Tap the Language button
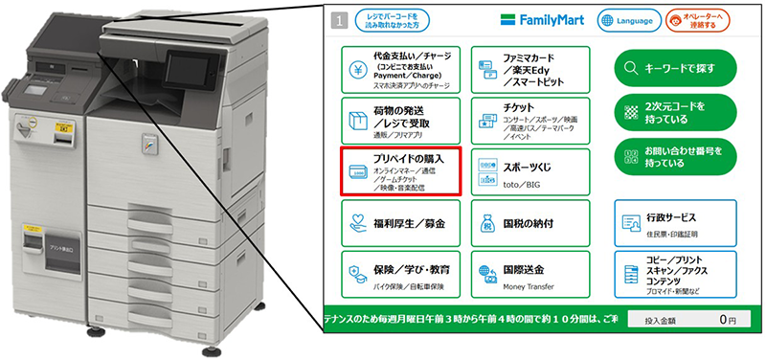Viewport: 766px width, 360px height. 630,19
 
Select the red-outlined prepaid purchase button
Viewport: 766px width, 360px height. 403,170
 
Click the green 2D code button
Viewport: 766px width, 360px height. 675,111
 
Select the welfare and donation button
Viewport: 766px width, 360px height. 403,225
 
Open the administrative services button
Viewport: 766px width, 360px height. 675,222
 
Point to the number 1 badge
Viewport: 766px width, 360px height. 337,19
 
